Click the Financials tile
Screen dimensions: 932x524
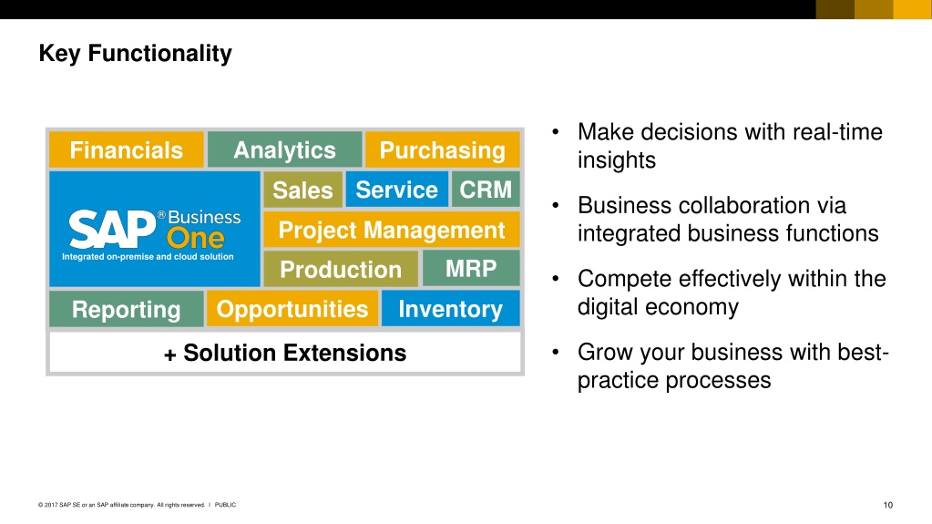point(126,149)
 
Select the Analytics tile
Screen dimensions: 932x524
point(285,149)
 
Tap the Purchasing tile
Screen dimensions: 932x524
point(442,149)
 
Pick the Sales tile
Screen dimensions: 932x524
point(303,190)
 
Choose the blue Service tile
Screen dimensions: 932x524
point(396,190)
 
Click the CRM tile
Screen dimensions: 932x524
point(486,190)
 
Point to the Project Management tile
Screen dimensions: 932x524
point(392,230)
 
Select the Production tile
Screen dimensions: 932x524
point(341,269)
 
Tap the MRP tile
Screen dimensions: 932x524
point(471,268)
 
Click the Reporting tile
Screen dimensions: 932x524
point(126,309)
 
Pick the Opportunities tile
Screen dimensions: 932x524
point(292,309)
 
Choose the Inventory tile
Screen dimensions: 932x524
point(451,309)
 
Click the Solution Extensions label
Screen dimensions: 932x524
point(285,353)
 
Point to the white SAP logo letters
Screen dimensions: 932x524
point(112,229)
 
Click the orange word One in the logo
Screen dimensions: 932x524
point(196,239)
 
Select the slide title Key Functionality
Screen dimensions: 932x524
point(135,53)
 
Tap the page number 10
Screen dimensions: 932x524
point(887,505)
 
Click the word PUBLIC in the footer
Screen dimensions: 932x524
point(225,505)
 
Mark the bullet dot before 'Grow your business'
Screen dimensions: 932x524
point(556,352)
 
